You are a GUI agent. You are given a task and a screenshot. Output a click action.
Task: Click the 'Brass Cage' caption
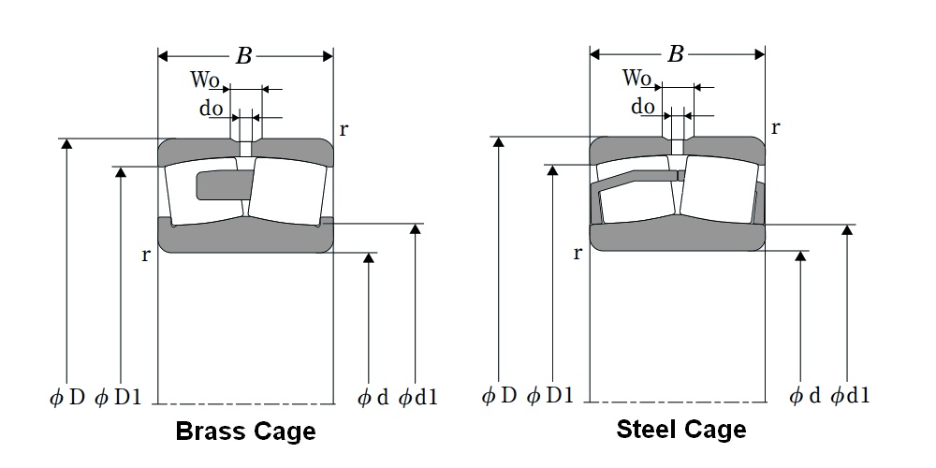tap(245, 431)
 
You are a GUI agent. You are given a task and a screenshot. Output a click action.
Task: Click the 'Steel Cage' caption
tap(680, 429)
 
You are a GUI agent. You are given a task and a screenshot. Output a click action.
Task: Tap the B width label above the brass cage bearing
tap(243, 56)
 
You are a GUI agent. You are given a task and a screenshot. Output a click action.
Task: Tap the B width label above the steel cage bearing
tap(676, 54)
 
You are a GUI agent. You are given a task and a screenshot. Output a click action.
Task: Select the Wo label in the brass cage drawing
tap(205, 81)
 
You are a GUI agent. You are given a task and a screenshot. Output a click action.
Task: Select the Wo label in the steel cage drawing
tap(637, 78)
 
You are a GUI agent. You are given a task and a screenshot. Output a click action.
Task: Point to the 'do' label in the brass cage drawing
tap(211, 109)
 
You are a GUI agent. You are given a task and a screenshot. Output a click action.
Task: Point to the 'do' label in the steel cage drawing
tap(643, 107)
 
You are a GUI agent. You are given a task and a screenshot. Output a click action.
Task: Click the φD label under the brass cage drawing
tap(67, 397)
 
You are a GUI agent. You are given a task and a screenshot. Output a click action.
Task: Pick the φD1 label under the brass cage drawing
tap(119, 397)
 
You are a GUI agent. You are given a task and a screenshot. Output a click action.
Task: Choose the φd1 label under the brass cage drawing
tap(418, 398)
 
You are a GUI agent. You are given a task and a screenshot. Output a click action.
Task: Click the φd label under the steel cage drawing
tap(804, 396)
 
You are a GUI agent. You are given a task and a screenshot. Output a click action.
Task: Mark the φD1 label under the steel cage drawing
tap(550, 396)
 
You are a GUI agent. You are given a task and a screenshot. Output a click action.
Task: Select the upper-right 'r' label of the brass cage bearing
tap(344, 129)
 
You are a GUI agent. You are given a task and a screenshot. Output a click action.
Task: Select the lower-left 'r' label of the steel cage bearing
tap(578, 253)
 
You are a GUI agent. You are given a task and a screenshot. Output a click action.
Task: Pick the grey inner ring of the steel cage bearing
tap(677, 238)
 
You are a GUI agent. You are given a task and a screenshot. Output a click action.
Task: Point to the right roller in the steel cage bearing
tap(718, 188)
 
